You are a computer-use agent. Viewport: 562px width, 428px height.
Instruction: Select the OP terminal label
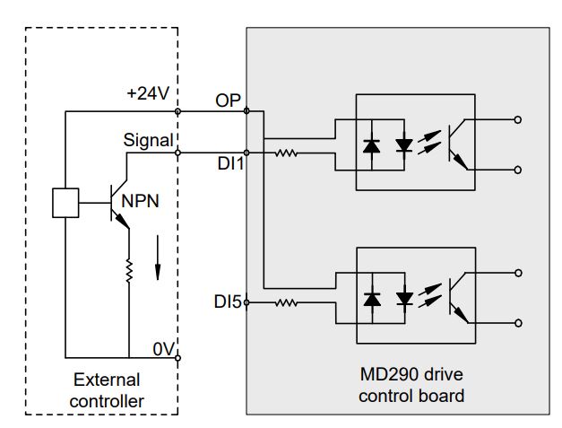click(229, 100)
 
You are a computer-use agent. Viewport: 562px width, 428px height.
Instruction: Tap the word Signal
click(148, 140)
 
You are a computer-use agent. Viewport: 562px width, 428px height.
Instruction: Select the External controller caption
click(107, 390)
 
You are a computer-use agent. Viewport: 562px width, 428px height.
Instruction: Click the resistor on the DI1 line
click(288, 153)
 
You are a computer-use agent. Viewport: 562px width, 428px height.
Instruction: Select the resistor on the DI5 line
click(288, 303)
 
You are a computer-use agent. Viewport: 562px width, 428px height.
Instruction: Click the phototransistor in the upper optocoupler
click(459, 144)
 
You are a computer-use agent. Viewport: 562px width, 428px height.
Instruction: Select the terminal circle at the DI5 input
click(246, 303)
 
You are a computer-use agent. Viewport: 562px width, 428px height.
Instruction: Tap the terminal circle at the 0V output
click(178, 357)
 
